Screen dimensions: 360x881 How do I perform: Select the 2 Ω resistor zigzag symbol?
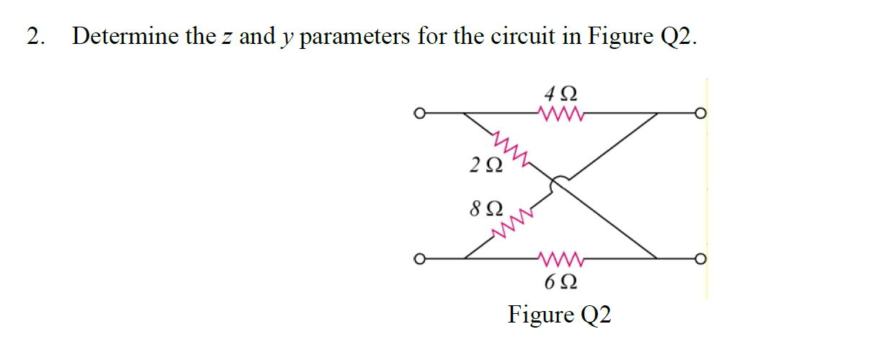509,148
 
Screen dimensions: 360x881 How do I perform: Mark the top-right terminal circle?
700,113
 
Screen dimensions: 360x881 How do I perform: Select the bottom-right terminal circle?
700,258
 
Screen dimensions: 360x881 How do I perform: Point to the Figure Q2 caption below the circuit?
559,315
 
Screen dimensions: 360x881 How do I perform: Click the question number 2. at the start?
35,36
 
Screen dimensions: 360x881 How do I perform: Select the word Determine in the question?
126,36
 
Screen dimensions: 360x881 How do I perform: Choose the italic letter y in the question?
287,39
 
